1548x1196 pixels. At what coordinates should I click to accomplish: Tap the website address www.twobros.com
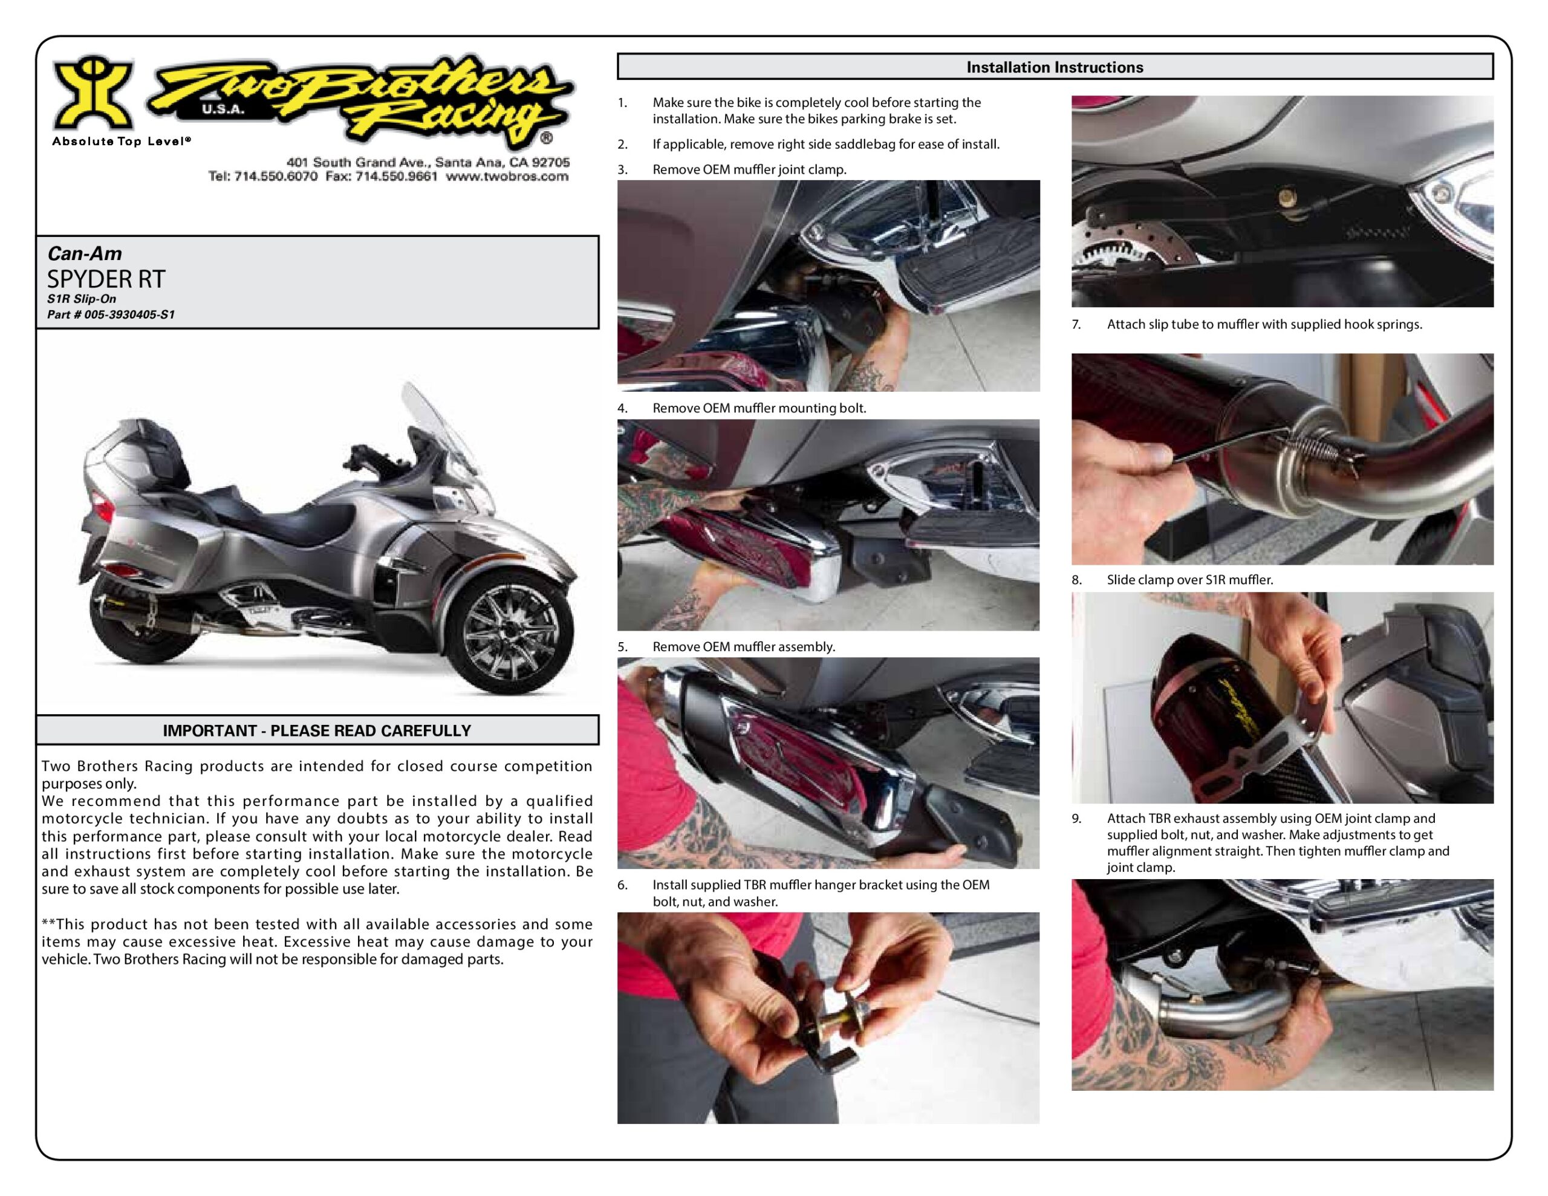click(x=507, y=177)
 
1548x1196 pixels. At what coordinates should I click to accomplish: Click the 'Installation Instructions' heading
click(x=1055, y=67)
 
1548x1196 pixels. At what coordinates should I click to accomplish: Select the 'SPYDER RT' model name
click(x=106, y=279)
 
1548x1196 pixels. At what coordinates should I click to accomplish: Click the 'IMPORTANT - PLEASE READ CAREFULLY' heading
click(x=317, y=731)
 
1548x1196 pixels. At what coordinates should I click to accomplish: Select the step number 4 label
click(x=622, y=408)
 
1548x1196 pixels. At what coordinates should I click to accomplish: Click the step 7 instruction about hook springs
click(x=1264, y=325)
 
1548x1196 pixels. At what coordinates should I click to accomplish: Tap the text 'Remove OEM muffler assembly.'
click(x=744, y=646)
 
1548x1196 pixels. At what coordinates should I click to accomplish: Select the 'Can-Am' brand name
click(x=84, y=254)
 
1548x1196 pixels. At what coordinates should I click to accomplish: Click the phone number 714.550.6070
click(x=276, y=177)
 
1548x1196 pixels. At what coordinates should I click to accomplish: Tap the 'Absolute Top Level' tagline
click(x=121, y=141)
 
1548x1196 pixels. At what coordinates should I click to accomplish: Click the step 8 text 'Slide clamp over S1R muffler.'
click(x=1190, y=580)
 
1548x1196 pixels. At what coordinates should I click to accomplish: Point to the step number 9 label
click(x=1077, y=819)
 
